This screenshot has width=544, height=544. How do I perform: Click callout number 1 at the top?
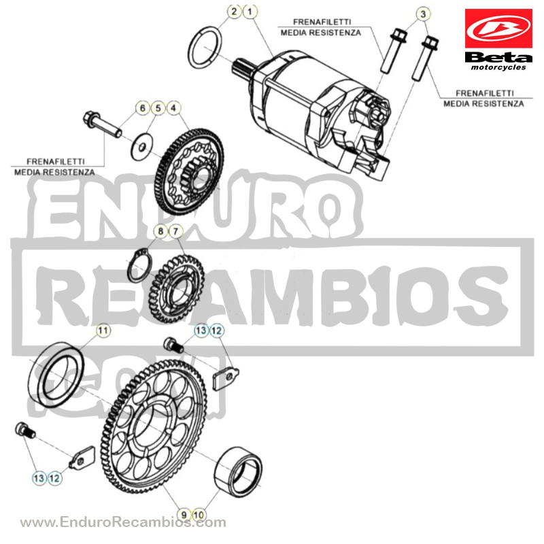[x=250, y=12]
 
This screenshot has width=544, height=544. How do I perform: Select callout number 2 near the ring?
[x=234, y=12]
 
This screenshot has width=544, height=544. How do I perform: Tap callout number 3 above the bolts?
[x=423, y=14]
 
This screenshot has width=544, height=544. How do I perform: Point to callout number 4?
[x=173, y=108]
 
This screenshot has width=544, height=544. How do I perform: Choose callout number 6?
[x=142, y=108]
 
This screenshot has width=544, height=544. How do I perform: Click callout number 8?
[x=160, y=231]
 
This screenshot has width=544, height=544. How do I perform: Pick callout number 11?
[x=103, y=330]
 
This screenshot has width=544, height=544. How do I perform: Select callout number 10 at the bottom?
[x=199, y=515]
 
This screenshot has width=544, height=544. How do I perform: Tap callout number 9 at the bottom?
[x=184, y=515]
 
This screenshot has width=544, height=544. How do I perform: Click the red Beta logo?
[x=498, y=29]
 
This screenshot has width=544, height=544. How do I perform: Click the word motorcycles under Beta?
[x=498, y=67]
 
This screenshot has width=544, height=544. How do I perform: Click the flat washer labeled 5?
[x=142, y=147]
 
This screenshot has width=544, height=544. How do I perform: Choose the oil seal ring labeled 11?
[x=56, y=375]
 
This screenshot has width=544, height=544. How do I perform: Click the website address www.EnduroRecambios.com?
[x=123, y=522]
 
